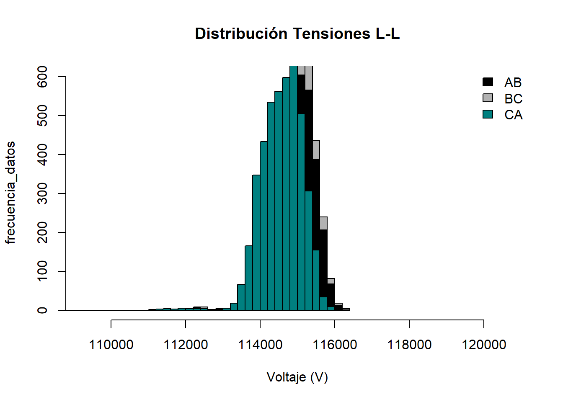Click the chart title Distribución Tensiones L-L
tap(297, 34)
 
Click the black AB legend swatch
tap(488, 82)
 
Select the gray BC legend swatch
tap(488, 98)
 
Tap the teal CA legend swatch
tap(488, 114)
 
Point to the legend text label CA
tap(513, 115)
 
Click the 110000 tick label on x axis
tap(111, 345)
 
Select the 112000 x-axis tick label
tap(186, 345)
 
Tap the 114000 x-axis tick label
tap(260, 345)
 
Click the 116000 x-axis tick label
tap(335, 345)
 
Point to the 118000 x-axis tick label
tap(409, 345)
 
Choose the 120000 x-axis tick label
tap(484, 345)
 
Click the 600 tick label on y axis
tap(42, 77)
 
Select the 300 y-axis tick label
tap(42, 193)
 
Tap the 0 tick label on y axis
tap(42, 310)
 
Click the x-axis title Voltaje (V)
tap(297, 377)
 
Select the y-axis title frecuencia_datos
tap(10, 193)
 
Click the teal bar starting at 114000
tap(264, 226)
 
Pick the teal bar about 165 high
tap(249, 278)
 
